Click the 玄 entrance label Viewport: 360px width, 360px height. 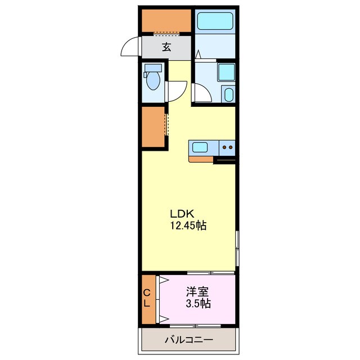(x=166, y=47)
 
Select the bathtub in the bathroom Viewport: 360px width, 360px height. (x=214, y=22)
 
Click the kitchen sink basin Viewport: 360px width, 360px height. (x=200, y=147)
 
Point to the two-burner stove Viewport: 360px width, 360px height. (x=228, y=147)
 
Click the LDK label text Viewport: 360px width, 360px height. (x=182, y=214)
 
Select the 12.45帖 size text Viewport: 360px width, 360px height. (x=188, y=226)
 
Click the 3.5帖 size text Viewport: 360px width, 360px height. (x=198, y=304)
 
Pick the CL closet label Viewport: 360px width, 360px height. (x=146, y=298)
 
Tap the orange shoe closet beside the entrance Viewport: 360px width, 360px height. (x=165, y=21)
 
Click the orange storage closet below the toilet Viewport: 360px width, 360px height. (x=153, y=127)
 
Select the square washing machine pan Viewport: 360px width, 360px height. (x=226, y=73)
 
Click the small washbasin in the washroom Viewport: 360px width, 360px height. (x=228, y=94)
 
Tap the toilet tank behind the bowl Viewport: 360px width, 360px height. (x=152, y=68)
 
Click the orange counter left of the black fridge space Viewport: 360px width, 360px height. (x=201, y=159)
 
